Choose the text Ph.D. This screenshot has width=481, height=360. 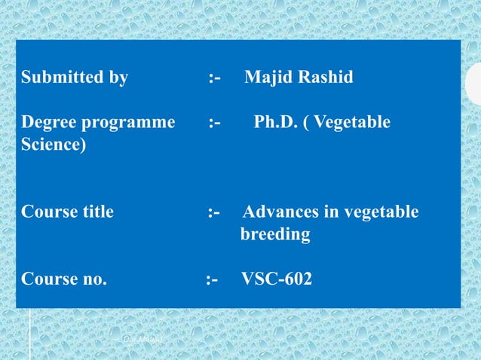pos(275,121)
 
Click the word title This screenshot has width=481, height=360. pos(96,212)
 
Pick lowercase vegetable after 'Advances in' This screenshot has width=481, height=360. pos(381,212)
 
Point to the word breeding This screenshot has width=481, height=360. pos(275,235)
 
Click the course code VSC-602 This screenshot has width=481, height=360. pos(277,279)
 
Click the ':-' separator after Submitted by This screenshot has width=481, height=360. pos(215,77)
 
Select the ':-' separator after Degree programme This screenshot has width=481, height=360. pos(215,121)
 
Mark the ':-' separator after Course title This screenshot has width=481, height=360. pos(214,212)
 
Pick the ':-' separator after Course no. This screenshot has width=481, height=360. pos(212,279)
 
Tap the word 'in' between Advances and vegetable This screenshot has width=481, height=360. pos(331,212)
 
